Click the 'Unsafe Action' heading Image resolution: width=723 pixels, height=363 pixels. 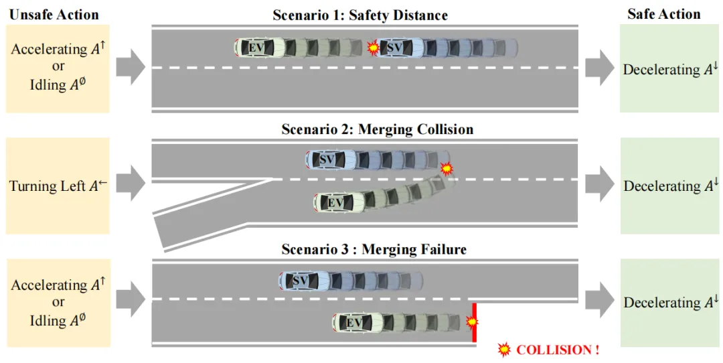point(54,14)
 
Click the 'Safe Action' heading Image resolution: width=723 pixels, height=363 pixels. point(663,14)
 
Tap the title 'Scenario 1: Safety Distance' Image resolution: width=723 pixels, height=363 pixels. point(360,15)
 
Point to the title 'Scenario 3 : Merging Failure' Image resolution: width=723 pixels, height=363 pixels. point(374,250)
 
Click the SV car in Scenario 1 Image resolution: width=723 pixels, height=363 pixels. point(399,48)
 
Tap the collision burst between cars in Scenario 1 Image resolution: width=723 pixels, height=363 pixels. point(373,48)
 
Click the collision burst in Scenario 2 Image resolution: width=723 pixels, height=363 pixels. point(447,168)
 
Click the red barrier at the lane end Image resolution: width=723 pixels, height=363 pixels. point(475,322)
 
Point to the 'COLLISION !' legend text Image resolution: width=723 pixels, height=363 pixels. point(558,350)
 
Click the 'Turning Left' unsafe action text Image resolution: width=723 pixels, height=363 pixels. point(58,186)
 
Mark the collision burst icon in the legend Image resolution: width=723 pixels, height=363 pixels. point(504,349)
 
